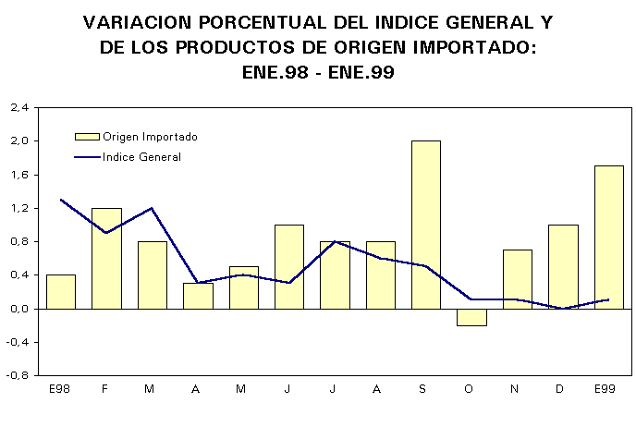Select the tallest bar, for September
click(x=426, y=224)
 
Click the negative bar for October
click(x=471, y=317)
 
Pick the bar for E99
click(x=609, y=237)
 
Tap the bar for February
click(x=106, y=258)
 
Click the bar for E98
click(x=61, y=291)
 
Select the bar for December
click(x=563, y=266)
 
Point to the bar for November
click(x=518, y=278)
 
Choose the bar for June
click(x=289, y=266)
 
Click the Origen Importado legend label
click(x=150, y=137)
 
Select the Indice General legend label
click(x=141, y=157)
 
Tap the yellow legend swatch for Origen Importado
click(x=86, y=137)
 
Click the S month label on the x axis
click(x=422, y=389)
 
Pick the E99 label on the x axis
click(x=605, y=389)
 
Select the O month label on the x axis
click(x=469, y=389)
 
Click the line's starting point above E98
click(x=61, y=200)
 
